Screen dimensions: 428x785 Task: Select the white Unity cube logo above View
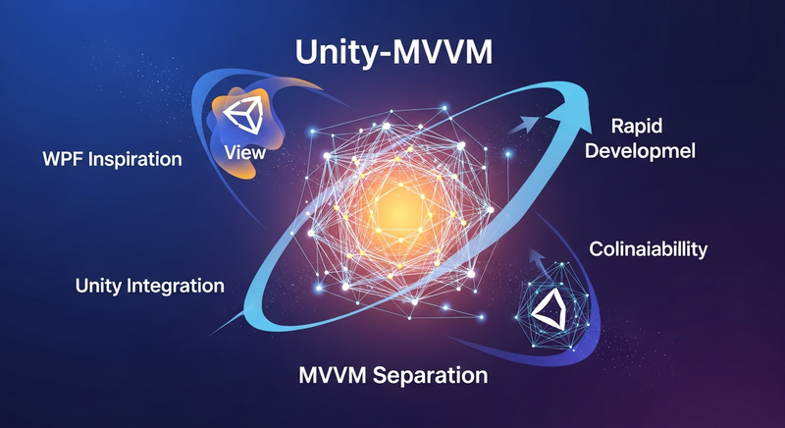[x=240, y=115]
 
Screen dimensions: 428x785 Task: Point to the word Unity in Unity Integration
[x=101, y=287]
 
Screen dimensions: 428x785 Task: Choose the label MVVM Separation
[x=392, y=374]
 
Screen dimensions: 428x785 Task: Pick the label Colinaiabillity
[x=648, y=248]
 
